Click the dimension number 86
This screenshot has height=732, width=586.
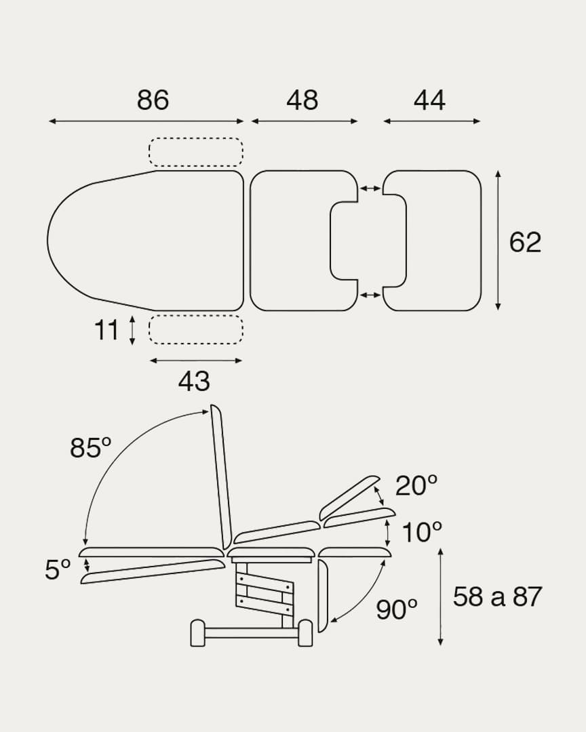(x=153, y=100)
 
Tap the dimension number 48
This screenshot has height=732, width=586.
(x=302, y=100)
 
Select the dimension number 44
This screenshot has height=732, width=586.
(x=429, y=100)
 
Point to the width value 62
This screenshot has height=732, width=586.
(x=525, y=242)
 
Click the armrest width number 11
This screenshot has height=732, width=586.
(x=106, y=330)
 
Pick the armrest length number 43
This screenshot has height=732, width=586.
(x=194, y=382)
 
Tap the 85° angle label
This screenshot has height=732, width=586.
(x=91, y=447)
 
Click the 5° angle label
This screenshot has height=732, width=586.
(x=58, y=569)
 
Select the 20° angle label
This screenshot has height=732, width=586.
(x=416, y=485)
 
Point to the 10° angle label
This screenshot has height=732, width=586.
(x=421, y=532)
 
